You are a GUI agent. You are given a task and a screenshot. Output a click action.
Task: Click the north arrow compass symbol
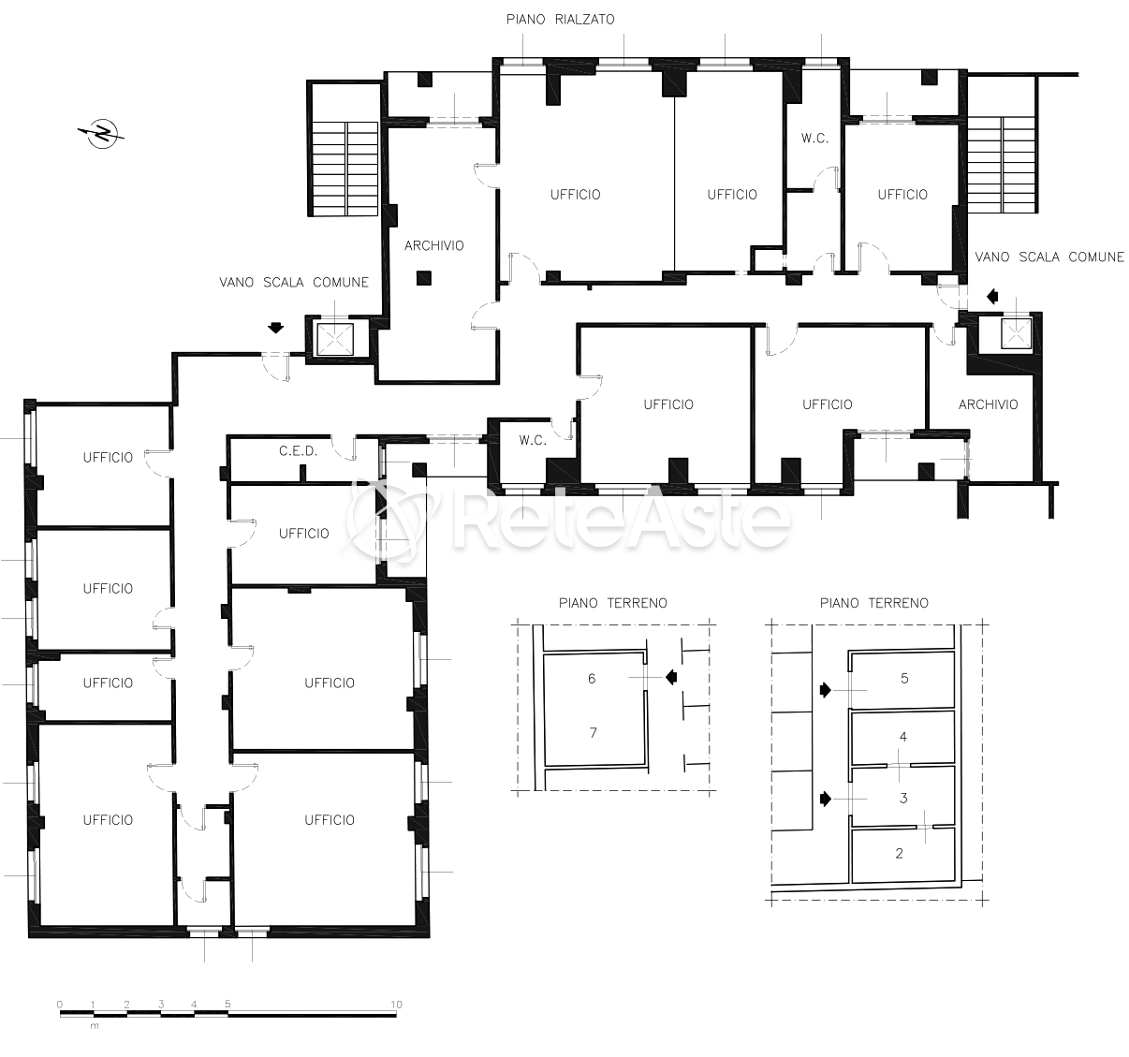102,134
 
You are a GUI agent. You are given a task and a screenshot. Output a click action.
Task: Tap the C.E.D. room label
298,451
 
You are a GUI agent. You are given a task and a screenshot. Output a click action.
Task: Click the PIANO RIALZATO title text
560,20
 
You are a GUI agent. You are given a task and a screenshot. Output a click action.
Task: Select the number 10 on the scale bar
396,1005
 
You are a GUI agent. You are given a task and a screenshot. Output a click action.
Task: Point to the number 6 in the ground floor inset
592,679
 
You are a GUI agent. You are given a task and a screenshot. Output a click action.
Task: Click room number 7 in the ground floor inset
593,733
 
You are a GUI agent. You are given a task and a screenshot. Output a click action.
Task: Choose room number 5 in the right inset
904,679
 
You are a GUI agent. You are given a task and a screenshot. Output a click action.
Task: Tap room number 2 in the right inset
900,854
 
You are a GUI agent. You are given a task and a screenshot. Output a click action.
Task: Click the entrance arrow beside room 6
671,677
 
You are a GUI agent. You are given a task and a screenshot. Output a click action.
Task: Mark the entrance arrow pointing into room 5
826,690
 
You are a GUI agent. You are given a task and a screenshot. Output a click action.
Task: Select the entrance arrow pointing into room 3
826,799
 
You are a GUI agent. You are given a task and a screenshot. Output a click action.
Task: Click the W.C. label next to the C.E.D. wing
533,440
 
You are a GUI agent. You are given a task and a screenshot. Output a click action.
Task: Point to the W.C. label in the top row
814,139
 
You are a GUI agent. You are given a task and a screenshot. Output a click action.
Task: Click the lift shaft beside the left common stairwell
335,340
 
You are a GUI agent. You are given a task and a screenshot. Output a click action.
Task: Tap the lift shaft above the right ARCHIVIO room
1016,333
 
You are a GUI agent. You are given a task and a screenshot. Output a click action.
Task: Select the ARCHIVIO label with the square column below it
434,245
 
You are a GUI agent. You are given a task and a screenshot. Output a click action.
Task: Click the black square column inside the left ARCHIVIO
423,278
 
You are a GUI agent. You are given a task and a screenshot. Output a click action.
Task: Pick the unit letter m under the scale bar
95,1026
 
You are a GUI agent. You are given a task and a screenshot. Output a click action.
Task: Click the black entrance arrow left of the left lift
276,328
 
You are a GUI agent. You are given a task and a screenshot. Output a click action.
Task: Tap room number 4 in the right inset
903,737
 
